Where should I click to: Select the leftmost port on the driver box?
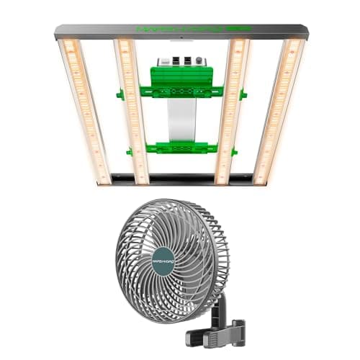coord(165,61)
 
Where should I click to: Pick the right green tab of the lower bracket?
coord(234,152)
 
